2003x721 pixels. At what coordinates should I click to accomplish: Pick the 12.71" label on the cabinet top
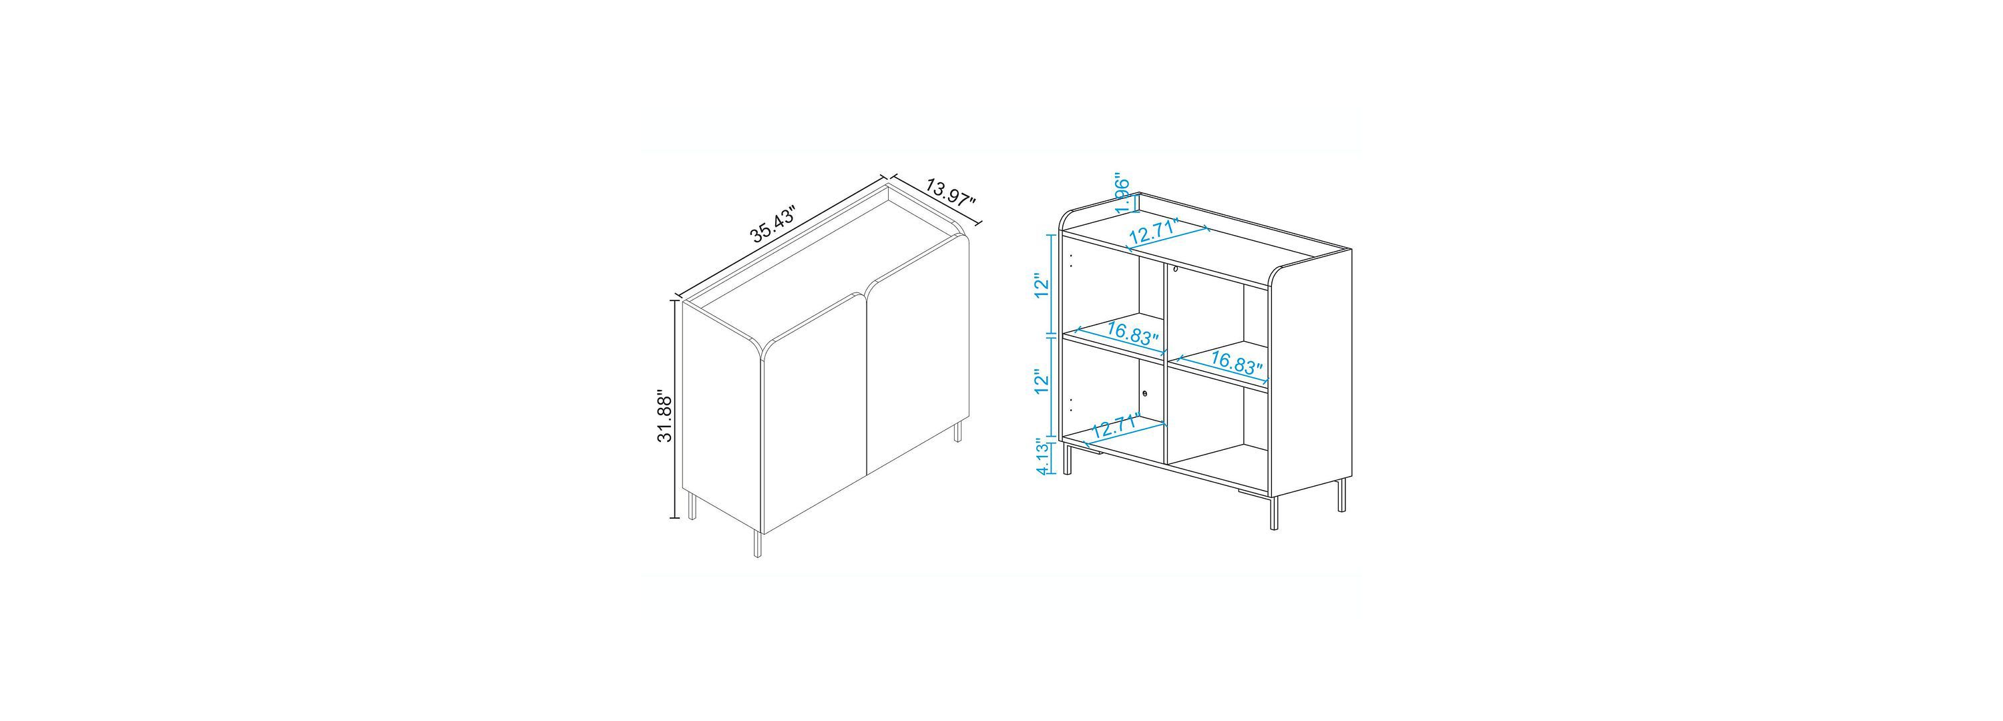(1154, 232)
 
